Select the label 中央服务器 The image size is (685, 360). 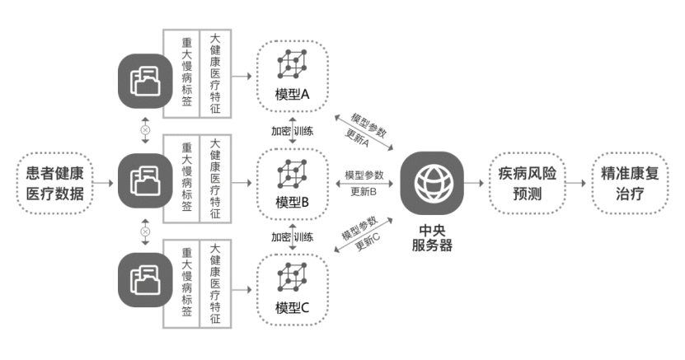pos(432,236)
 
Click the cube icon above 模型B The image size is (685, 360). pos(292,172)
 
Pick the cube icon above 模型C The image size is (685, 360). pos(292,279)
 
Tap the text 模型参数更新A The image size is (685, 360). pos(368,130)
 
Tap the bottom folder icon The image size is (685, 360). pos(146,279)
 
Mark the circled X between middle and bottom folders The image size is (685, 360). pos(146,231)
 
